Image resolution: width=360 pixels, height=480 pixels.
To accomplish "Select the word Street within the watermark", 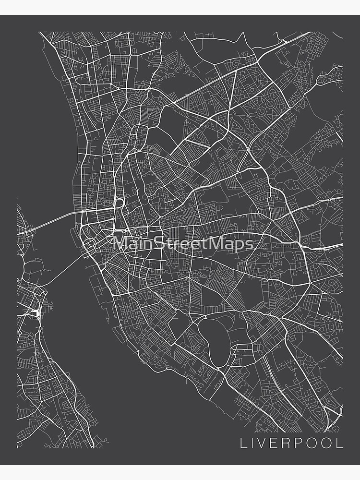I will tap(179, 243).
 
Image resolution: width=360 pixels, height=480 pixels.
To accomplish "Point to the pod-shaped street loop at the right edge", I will tap(331, 74).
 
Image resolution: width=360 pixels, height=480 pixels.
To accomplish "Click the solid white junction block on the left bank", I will tap(37, 312).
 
